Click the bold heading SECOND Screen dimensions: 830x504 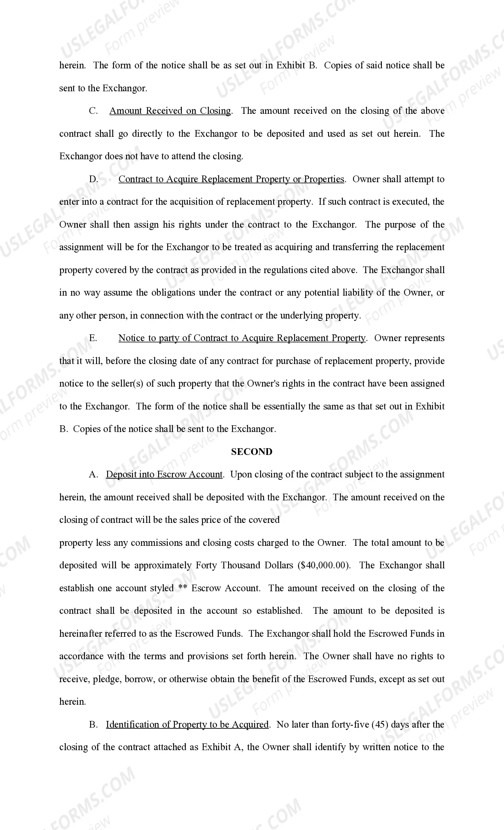pos(251,452)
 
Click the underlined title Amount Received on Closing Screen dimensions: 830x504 pos(170,111)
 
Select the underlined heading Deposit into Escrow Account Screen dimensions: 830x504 pos(164,475)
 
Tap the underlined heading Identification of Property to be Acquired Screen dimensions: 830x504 pos(187,724)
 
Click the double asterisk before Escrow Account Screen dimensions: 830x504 pos(183,588)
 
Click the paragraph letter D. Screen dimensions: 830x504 pos(93,179)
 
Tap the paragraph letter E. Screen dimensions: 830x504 pos(93,338)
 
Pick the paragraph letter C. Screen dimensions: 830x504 pos(93,111)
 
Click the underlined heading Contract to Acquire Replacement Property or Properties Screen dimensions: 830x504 pos(231,179)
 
